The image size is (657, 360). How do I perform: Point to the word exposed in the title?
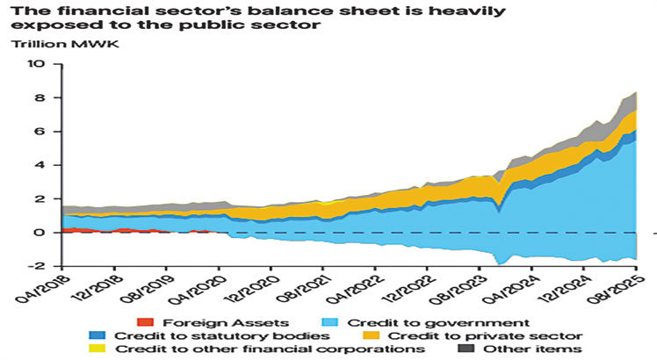pyautogui.click(x=44, y=26)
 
